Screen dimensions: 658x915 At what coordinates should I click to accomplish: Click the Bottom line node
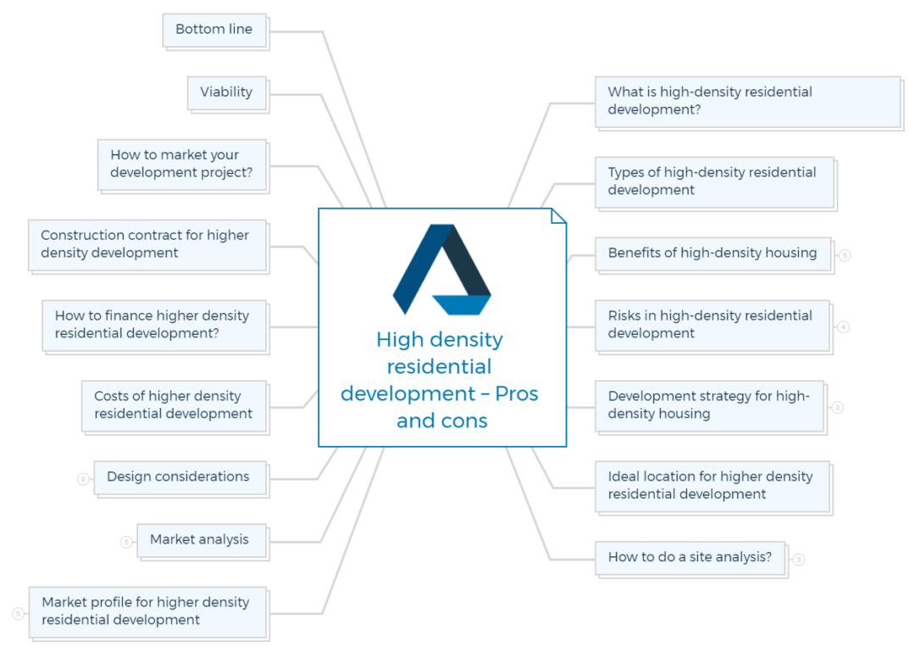point(214,30)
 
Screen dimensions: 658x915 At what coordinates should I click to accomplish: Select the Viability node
point(226,92)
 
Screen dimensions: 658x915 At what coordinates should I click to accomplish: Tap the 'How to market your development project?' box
point(181,164)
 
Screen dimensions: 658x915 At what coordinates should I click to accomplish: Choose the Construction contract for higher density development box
point(147,244)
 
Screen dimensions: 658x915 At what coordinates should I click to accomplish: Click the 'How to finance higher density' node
point(154,325)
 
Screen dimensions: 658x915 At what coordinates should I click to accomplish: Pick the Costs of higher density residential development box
point(174,405)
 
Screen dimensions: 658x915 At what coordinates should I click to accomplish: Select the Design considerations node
point(180,477)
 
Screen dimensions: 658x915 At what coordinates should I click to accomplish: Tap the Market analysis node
point(201,540)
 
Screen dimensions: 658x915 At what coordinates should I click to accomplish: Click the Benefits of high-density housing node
point(713,254)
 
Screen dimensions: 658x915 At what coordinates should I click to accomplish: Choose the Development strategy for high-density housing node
point(709,405)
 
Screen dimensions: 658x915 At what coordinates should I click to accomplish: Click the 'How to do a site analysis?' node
point(690,558)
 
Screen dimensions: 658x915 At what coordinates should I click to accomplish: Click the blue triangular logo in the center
point(441,270)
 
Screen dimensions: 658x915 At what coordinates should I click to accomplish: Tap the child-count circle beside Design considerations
point(83,479)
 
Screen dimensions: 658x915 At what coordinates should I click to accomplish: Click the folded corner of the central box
point(558,215)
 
